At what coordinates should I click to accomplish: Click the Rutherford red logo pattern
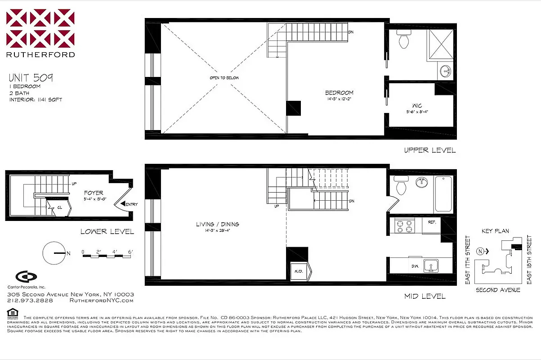click(x=40, y=28)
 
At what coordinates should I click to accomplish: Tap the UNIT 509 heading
click(x=31, y=77)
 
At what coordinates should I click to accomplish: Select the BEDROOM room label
click(x=339, y=93)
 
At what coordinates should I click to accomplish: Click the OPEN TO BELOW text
click(x=224, y=78)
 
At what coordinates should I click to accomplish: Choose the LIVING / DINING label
click(x=217, y=224)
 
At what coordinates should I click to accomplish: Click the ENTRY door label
click(x=132, y=204)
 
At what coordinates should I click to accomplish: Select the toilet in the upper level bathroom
click(x=403, y=40)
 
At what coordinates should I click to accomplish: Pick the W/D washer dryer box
click(x=299, y=270)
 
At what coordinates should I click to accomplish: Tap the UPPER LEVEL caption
click(x=429, y=150)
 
